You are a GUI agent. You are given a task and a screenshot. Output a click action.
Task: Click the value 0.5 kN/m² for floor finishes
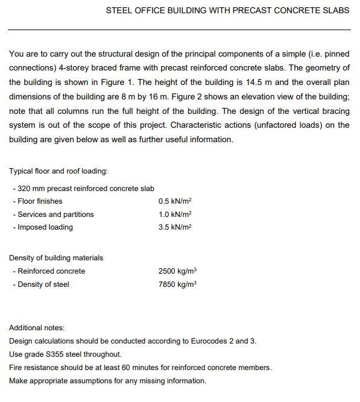174,201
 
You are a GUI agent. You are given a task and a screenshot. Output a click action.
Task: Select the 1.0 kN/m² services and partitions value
174,215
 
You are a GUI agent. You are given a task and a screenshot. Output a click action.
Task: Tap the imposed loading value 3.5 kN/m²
174,227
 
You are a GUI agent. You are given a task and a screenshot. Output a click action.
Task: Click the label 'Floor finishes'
40,201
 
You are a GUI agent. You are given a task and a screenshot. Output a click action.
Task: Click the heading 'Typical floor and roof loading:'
58,171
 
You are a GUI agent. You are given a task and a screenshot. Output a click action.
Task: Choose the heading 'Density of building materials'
56,258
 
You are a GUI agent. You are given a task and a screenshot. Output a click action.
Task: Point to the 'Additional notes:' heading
37,328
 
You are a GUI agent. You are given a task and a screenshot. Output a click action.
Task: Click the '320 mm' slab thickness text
31,188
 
